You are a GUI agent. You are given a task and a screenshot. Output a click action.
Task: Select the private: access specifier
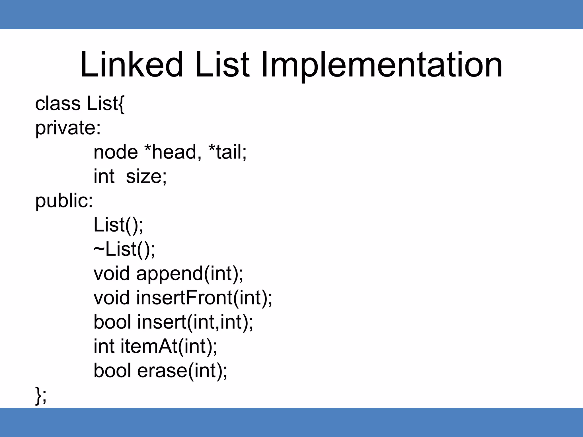(68, 128)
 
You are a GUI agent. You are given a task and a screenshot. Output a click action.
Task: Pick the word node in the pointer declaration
(116, 152)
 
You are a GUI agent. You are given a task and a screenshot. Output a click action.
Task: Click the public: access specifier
(64, 201)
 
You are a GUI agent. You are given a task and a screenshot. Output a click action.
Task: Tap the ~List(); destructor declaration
(124, 250)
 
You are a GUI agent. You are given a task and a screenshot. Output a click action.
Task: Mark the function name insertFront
(184, 298)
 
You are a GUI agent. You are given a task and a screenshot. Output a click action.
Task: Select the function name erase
(162, 371)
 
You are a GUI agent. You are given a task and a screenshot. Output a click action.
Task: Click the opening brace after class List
(121, 104)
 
